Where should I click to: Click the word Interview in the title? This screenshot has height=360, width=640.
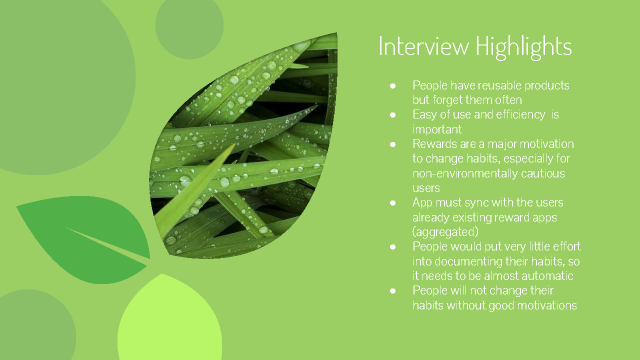point(423,46)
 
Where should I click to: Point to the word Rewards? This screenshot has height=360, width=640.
point(433,144)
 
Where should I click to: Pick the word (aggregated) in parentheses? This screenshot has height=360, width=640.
point(445,232)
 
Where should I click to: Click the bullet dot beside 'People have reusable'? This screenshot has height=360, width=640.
point(393,86)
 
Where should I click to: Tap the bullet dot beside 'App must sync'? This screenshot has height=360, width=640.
point(393,203)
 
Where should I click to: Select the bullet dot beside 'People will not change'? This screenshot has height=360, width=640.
point(393,291)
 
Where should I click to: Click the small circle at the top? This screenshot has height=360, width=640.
point(189,26)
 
